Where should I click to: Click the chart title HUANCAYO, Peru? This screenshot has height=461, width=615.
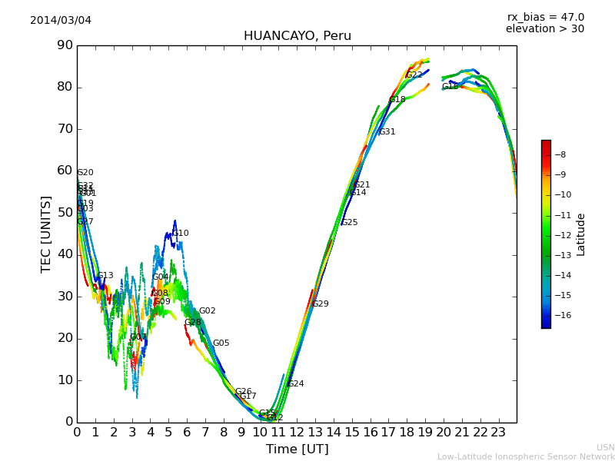point(297,36)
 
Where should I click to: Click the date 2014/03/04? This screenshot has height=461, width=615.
point(61,20)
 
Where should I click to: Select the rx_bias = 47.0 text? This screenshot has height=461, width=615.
point(545,17)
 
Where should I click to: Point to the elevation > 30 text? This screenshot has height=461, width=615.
point(544,29)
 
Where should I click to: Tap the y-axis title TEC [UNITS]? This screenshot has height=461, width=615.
point(46,234)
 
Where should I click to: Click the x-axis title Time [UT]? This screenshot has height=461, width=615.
point(297,449)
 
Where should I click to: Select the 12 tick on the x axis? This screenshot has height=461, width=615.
point(297,433)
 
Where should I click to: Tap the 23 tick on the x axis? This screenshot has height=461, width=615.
point(498,433)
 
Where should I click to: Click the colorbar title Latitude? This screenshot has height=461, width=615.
point(581,234)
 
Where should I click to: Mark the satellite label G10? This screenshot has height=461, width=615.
point(180,234)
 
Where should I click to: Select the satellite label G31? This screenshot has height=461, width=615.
point(387,132)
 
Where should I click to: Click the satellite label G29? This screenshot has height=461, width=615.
point(321,304)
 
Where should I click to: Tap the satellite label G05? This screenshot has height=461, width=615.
point(221,343)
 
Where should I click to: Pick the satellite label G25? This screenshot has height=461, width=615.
point(350,223)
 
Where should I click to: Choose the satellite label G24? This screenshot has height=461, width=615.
point(296,384)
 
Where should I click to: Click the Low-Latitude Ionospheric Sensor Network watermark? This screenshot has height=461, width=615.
point(526,457)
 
